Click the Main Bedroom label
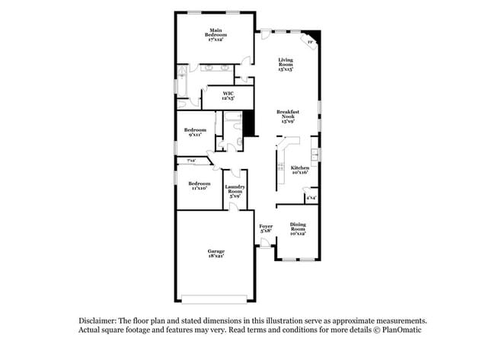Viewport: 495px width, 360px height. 216,34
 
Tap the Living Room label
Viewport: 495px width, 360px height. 286,64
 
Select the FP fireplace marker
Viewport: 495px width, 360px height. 310,42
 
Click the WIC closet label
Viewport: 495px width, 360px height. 228,96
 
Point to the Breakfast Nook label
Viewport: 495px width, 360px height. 288,116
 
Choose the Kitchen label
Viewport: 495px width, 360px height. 300,170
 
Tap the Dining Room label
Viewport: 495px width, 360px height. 297,228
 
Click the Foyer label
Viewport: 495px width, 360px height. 266,228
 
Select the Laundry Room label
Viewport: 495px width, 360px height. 234,191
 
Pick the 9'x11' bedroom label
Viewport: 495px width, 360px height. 195,132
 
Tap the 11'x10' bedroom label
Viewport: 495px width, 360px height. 199,185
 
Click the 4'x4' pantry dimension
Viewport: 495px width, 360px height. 311,198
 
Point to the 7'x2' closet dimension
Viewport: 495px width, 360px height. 190,161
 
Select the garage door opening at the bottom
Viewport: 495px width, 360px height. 214,296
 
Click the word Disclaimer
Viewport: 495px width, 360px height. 98,321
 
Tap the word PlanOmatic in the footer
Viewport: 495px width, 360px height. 401,330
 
